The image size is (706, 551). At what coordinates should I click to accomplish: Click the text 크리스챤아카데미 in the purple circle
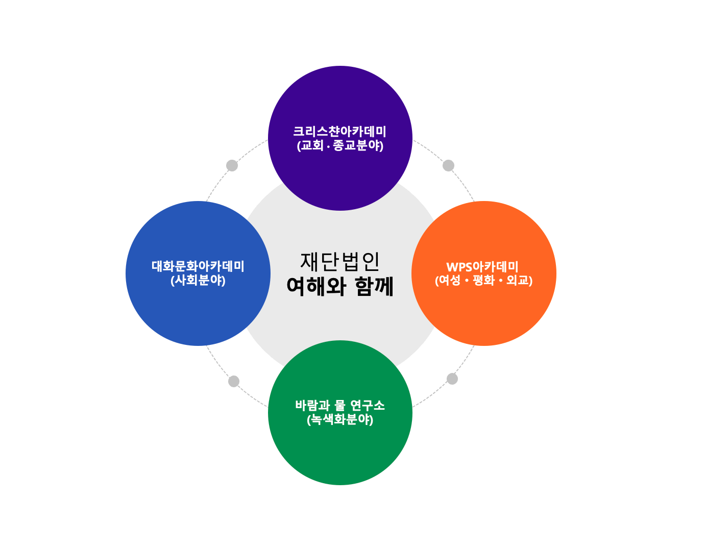(339, 132)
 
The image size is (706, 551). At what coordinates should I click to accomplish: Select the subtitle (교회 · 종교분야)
(340, 145)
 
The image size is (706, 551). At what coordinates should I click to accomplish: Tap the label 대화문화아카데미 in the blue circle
(198, 266)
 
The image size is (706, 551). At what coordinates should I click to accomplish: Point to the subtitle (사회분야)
(198, 280)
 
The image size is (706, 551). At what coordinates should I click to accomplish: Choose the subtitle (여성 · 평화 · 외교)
(483, 280)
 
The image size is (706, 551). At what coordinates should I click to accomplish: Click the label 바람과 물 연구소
(340, 406)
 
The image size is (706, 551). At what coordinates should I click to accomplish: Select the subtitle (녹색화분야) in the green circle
(340, 419)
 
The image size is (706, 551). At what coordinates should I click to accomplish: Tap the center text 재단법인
(340, 261)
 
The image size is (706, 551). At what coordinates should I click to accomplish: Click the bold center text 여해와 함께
(340, 286)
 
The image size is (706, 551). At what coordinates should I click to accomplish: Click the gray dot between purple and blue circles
(232, 165)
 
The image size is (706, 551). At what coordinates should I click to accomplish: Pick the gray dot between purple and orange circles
(448, 165)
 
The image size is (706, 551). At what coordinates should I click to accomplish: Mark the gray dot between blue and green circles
(234, 381)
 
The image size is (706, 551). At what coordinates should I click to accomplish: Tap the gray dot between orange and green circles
(452, 379)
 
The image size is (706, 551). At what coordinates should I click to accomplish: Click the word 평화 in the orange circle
(483, 280)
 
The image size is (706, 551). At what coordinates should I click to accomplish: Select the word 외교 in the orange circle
(518, 280)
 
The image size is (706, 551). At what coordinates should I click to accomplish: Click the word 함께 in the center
(374, 286)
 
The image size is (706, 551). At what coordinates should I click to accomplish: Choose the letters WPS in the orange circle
(459, 267)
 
